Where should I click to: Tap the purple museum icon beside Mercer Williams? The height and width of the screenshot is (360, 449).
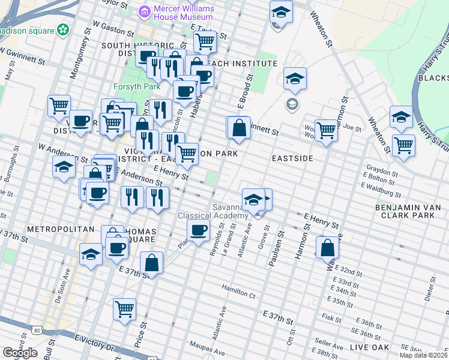[x=144, y=11]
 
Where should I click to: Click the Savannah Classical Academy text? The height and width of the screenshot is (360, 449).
[x=212, y=212]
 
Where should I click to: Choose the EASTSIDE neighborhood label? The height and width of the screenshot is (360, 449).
[x=292, y=158]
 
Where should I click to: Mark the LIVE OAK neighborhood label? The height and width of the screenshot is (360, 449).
[x=369, y=347]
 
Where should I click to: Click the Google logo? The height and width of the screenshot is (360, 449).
[x=20, y=353]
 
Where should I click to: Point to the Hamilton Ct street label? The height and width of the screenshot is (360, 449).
[x=238, y=292]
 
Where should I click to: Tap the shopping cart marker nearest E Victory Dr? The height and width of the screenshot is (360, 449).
[x=125, y=309]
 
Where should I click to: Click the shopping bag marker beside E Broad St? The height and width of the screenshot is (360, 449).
[x=238, y=127]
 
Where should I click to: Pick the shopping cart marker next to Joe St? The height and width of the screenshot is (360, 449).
[x=326, y=129]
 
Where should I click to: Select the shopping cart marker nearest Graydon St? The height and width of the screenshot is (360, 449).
[x=404, y=145]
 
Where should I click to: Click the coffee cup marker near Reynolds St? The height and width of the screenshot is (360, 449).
[x=198, y=229]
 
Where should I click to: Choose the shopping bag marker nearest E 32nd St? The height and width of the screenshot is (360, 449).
[x=327, y=247]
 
